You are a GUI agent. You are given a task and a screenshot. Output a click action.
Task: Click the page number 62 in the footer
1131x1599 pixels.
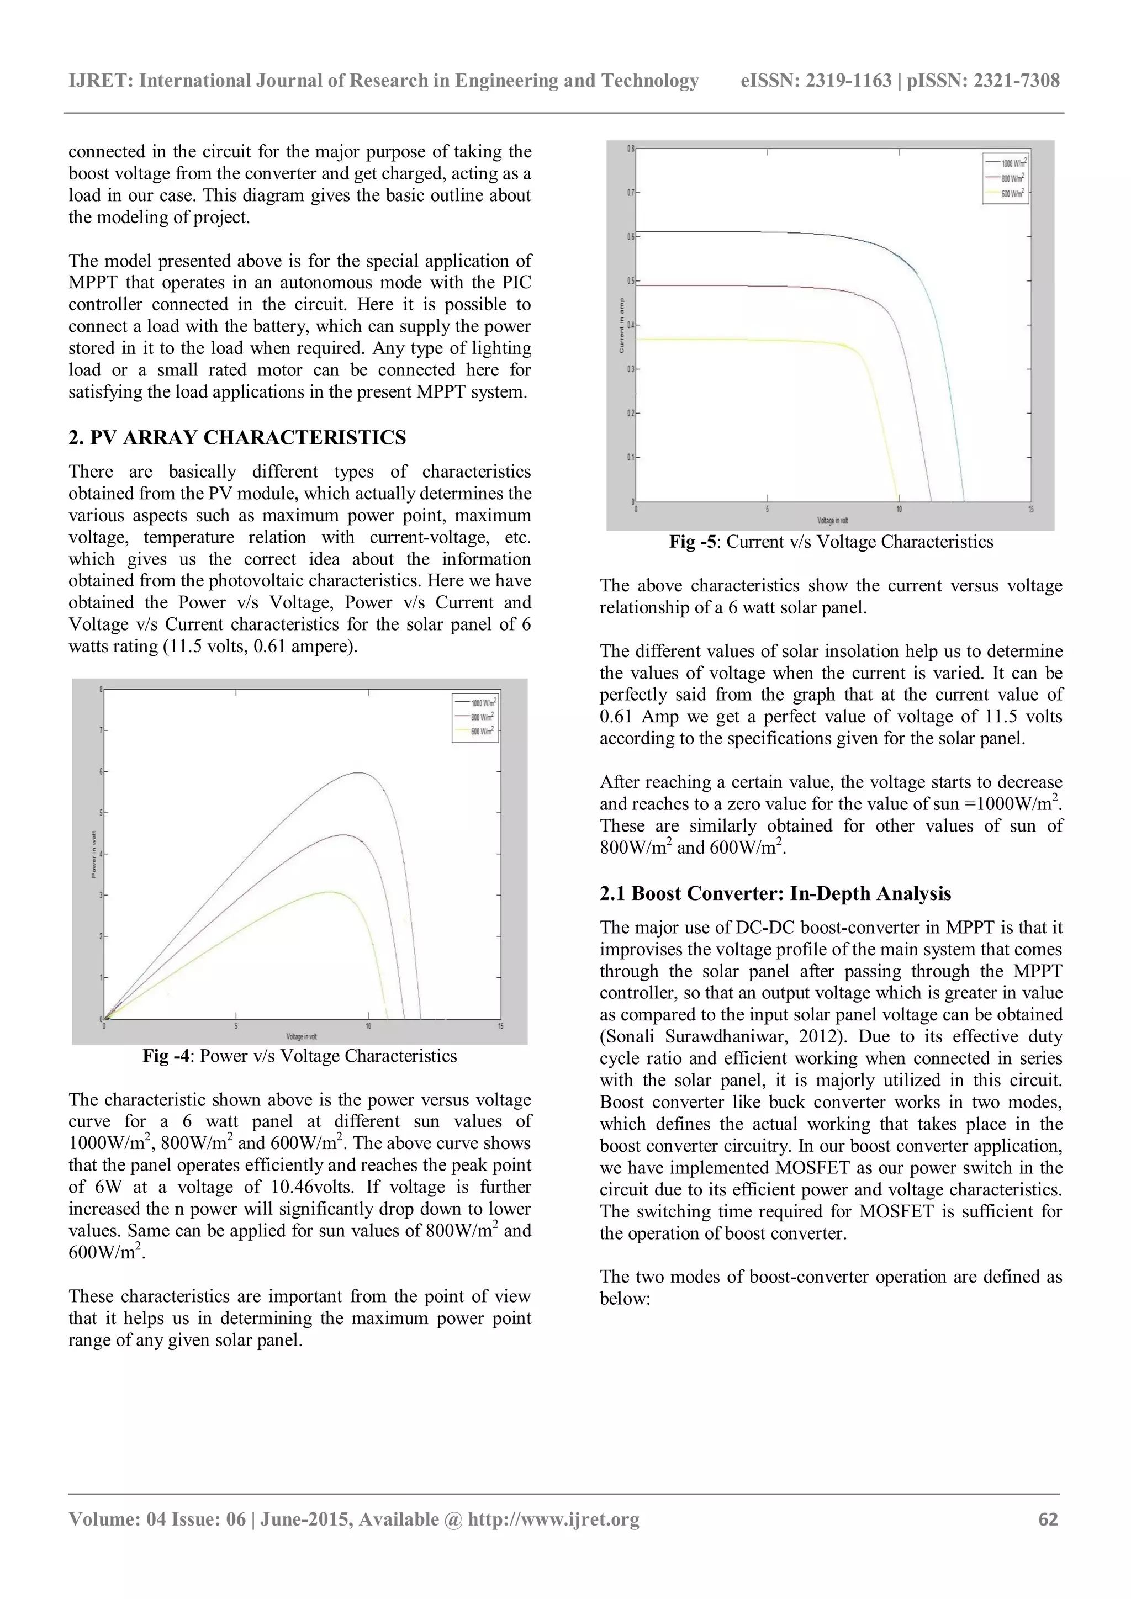point(1048,1519)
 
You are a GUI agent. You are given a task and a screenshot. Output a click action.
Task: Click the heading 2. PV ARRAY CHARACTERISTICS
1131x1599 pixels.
point(237,437)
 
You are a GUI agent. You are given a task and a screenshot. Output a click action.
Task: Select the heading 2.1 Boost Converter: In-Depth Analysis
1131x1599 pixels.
point(775,893)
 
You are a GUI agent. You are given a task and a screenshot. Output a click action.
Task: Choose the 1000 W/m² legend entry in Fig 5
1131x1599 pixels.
point(1013,162)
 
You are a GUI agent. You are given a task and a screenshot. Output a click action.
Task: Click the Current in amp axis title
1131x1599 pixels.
point(621,325)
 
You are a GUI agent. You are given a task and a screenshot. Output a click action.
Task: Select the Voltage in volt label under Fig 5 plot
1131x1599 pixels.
point(832,520)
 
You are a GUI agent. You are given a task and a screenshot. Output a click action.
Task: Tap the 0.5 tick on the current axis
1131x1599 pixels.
point(630,280)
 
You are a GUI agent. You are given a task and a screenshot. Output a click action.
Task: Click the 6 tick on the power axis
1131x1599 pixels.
point(101,772)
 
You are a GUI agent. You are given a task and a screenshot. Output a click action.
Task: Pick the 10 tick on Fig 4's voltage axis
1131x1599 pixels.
point(368,1026)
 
